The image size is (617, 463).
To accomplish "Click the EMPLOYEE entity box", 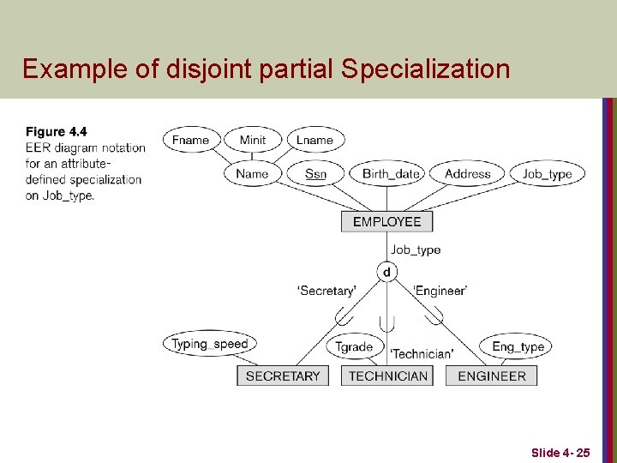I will pyautogui.click(x=387, y=221).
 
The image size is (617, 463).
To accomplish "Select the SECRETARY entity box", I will pyautogui.click(x=283, y=376).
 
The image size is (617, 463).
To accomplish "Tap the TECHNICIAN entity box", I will pyautogui.click(x=388, y=376).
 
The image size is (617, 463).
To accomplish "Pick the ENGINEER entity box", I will pyautogui.click(x=492, y=376).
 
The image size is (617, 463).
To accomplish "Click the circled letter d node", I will pyautogui.click(x=386, y=272).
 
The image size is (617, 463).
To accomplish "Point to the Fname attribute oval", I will pyautogui.click(x=191, y=140).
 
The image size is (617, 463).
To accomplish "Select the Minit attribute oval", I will pyautogui.click(x=253, y=140).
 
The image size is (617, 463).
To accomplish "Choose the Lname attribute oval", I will pyautogui.click(x=314, y=140).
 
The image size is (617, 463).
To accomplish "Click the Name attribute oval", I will pyautogui.click(x=252, y=173).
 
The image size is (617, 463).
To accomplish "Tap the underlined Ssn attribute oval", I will pyautogui.click(x=315, y=173).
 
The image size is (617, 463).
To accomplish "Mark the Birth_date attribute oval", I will pyautogui.click(x=391, y=173).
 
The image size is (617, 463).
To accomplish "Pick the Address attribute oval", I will pyautogui.click(x=468, y=173).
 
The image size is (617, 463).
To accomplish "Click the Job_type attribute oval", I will pyautogui.click(x=547, y=173).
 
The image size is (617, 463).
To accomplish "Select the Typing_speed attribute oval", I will pyautogui.click(x=209, y=344).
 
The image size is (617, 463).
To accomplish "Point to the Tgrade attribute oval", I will pyautogui.click(x=354, y=346).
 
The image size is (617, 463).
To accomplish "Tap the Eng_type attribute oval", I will pyautogui.click(x=518, y=346).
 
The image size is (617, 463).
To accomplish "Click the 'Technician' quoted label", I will pyautogui.click(x=422, y=354).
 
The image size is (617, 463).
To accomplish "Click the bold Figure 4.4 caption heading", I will pyautogui.click(x=57, y=132).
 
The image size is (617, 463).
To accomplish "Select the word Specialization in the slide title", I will pyautogui.click(x=425, y=69).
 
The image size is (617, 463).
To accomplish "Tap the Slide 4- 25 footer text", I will pyautogui.click(x=560, y=452).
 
